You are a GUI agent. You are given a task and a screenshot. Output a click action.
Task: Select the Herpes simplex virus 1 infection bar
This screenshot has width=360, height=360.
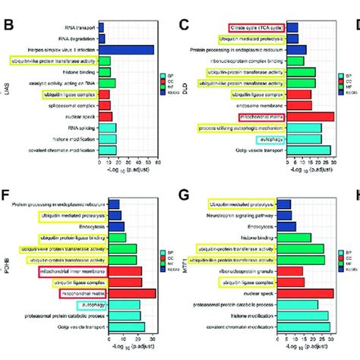[x=126, y=49]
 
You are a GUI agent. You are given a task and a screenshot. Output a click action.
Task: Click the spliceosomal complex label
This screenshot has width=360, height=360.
[x=75, y=106]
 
